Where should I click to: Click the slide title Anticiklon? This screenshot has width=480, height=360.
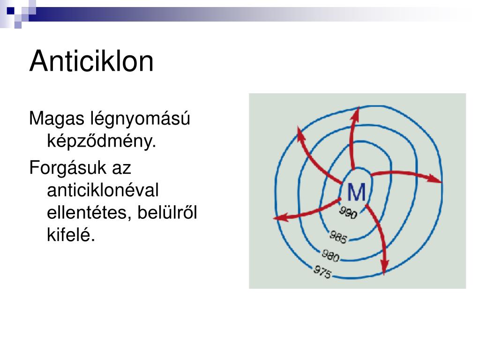(91, 61)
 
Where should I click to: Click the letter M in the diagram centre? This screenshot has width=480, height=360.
(356, 192)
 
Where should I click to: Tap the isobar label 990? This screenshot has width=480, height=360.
(349, 213)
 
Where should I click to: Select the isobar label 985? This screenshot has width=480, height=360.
(338, 237)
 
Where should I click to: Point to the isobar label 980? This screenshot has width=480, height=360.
(330, 255)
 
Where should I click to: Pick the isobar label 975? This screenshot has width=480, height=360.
(322, 272)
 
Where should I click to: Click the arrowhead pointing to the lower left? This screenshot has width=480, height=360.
(278, 218)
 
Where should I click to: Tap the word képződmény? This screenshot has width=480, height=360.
(101, 141)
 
